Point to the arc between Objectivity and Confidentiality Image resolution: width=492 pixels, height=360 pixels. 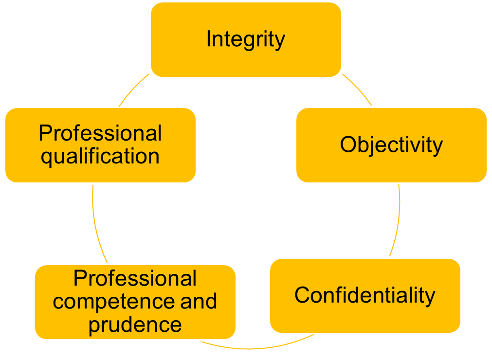[398, 219]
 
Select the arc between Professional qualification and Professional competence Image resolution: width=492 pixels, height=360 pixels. [96, 224]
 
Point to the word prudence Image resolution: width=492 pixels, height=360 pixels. [135, 324]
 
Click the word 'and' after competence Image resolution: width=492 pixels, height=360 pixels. [199, 302]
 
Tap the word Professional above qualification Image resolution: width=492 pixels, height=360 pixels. [100, 133]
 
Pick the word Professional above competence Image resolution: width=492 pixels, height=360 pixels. [135, 279]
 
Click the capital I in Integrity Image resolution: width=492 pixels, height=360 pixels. [208, 39]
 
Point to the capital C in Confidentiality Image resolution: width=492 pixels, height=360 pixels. [302, 295]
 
